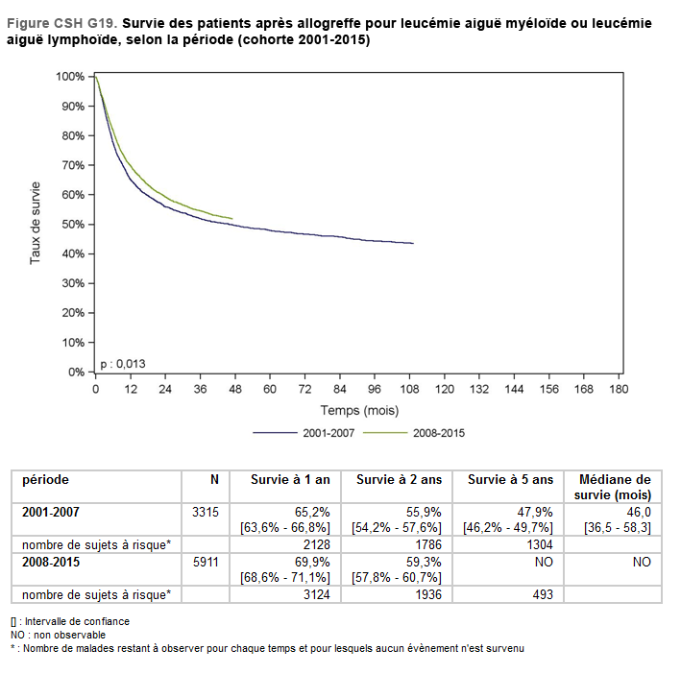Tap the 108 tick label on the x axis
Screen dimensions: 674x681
point(409,389)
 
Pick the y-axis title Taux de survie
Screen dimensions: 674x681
point(36,223)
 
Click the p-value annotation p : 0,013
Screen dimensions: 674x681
point(123,363)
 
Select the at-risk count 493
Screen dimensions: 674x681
point(541,594)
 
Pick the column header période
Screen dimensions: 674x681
point(45,480)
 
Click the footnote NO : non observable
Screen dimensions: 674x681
point(59,635)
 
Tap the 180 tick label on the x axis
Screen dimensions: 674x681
point(619,389)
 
